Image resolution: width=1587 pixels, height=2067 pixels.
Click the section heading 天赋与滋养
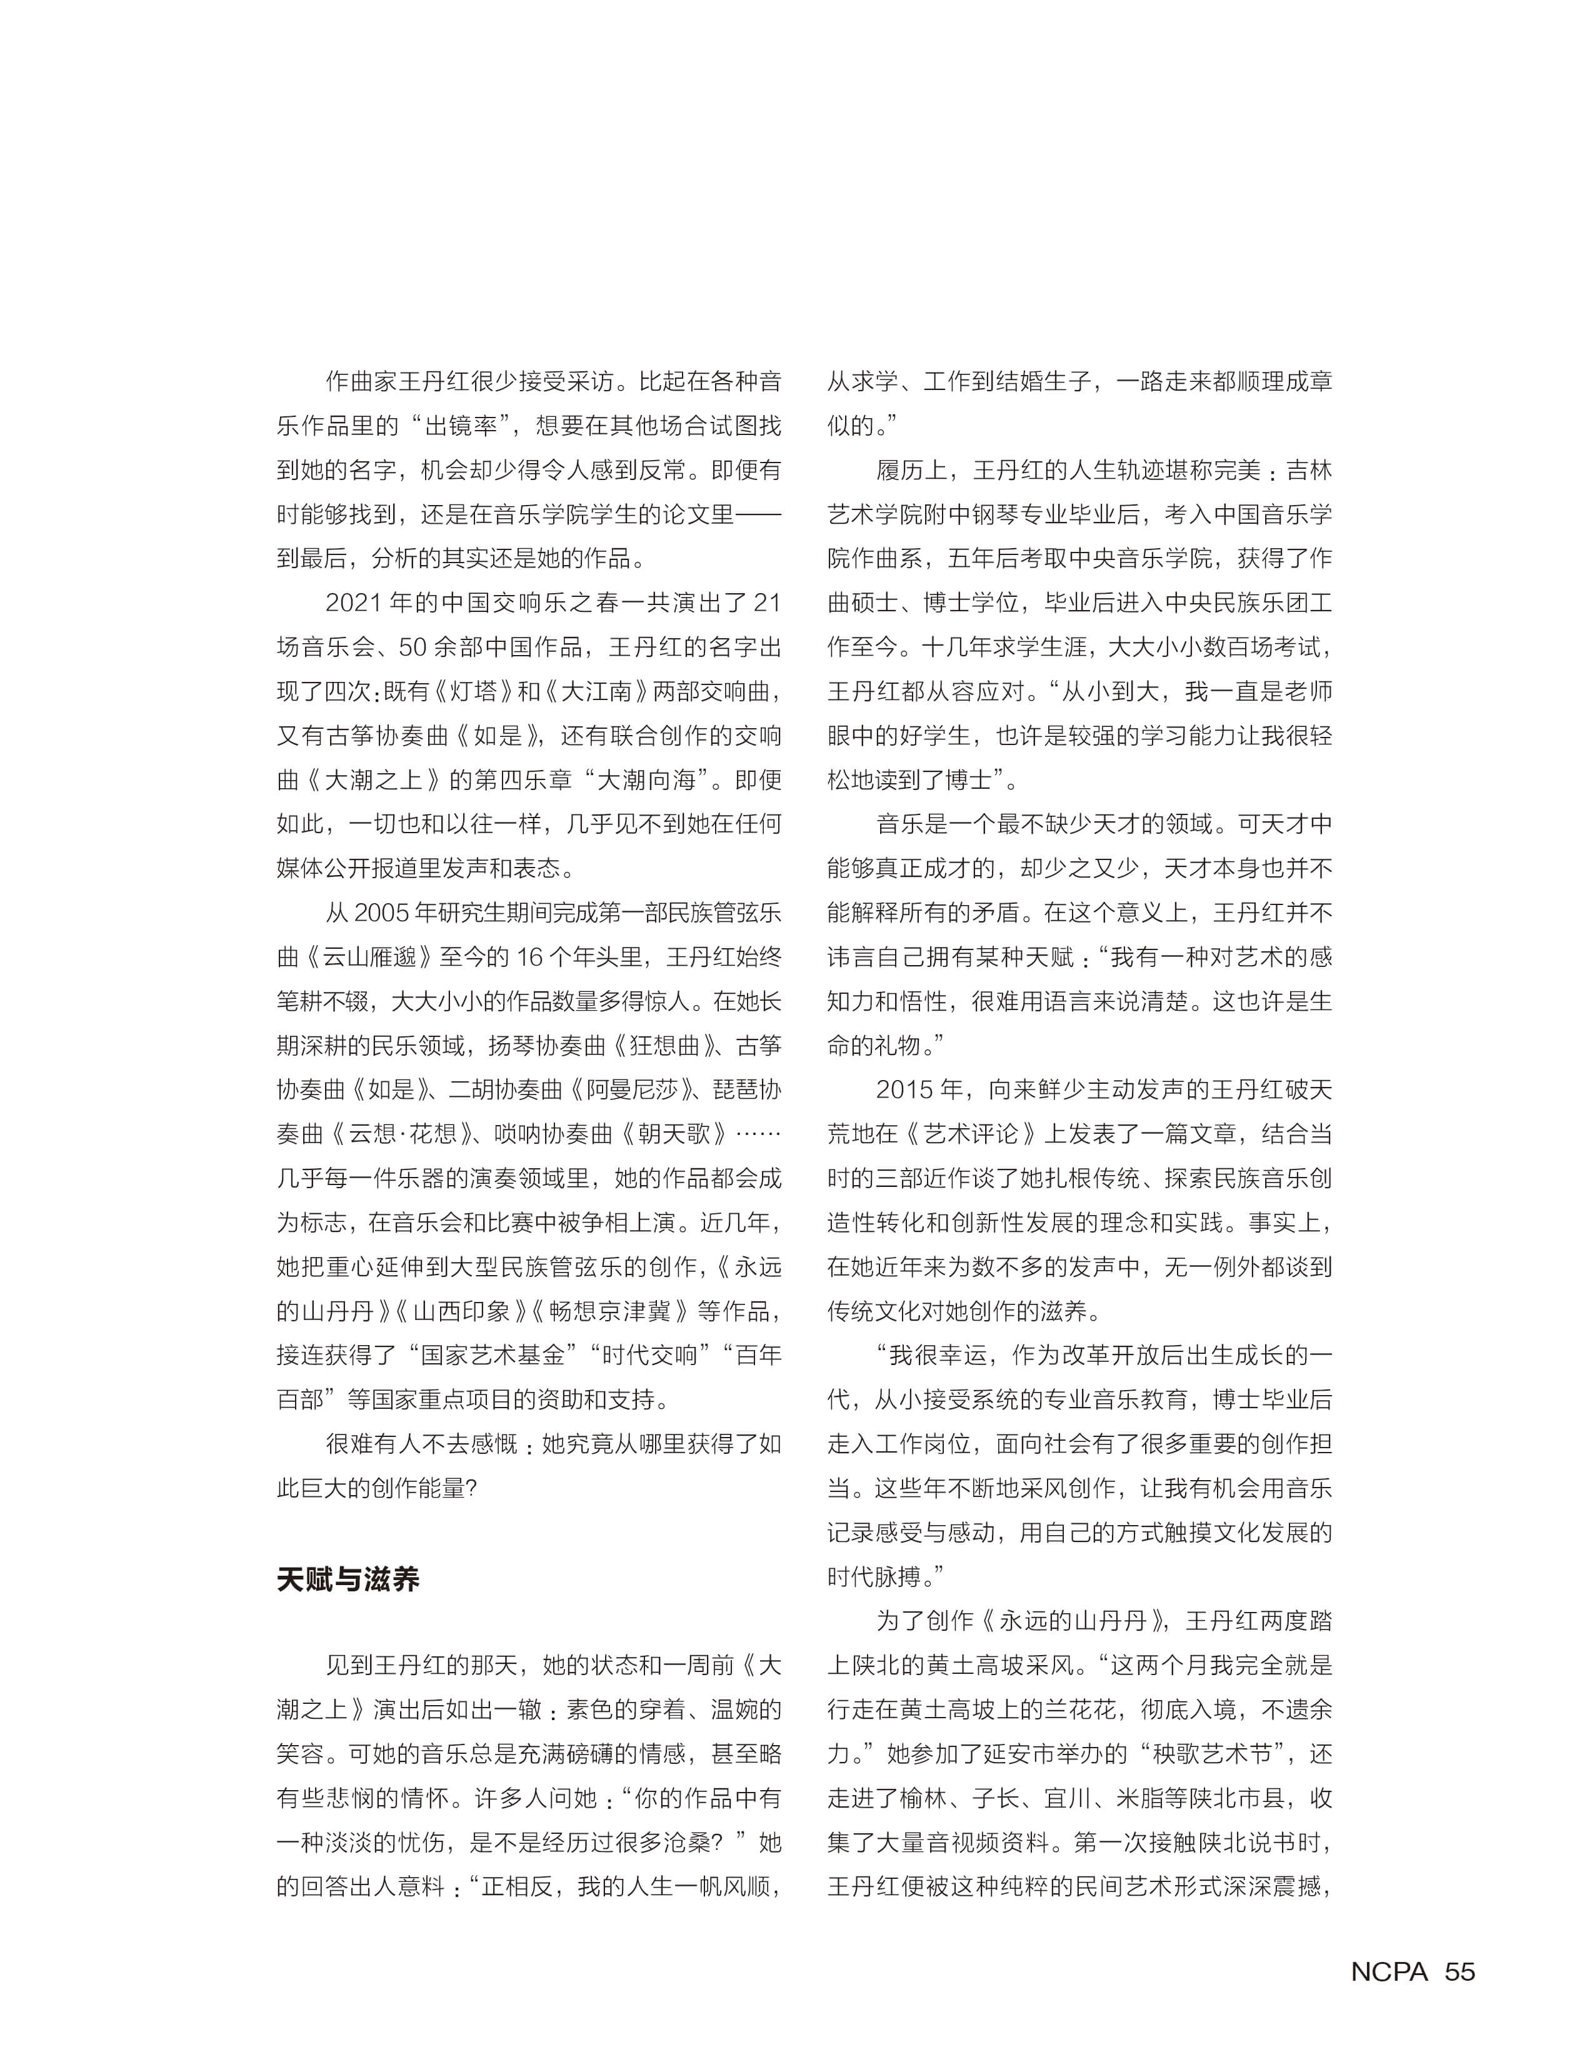(x=348, y=1579)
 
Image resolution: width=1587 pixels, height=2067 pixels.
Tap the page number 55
(x=1459, y=1971)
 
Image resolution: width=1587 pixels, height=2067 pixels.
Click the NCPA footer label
(x=1389, y=1971)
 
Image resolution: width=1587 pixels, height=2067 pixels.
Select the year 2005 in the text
(x=382, y=913)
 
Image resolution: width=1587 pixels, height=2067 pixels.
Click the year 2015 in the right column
(x=905, y=1089)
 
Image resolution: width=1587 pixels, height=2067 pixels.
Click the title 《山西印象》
(x=461, y=1311)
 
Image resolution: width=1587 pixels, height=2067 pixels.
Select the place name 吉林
(x=1308, y=469)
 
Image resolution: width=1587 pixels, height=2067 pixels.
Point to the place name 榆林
(x=924, y=1798)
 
